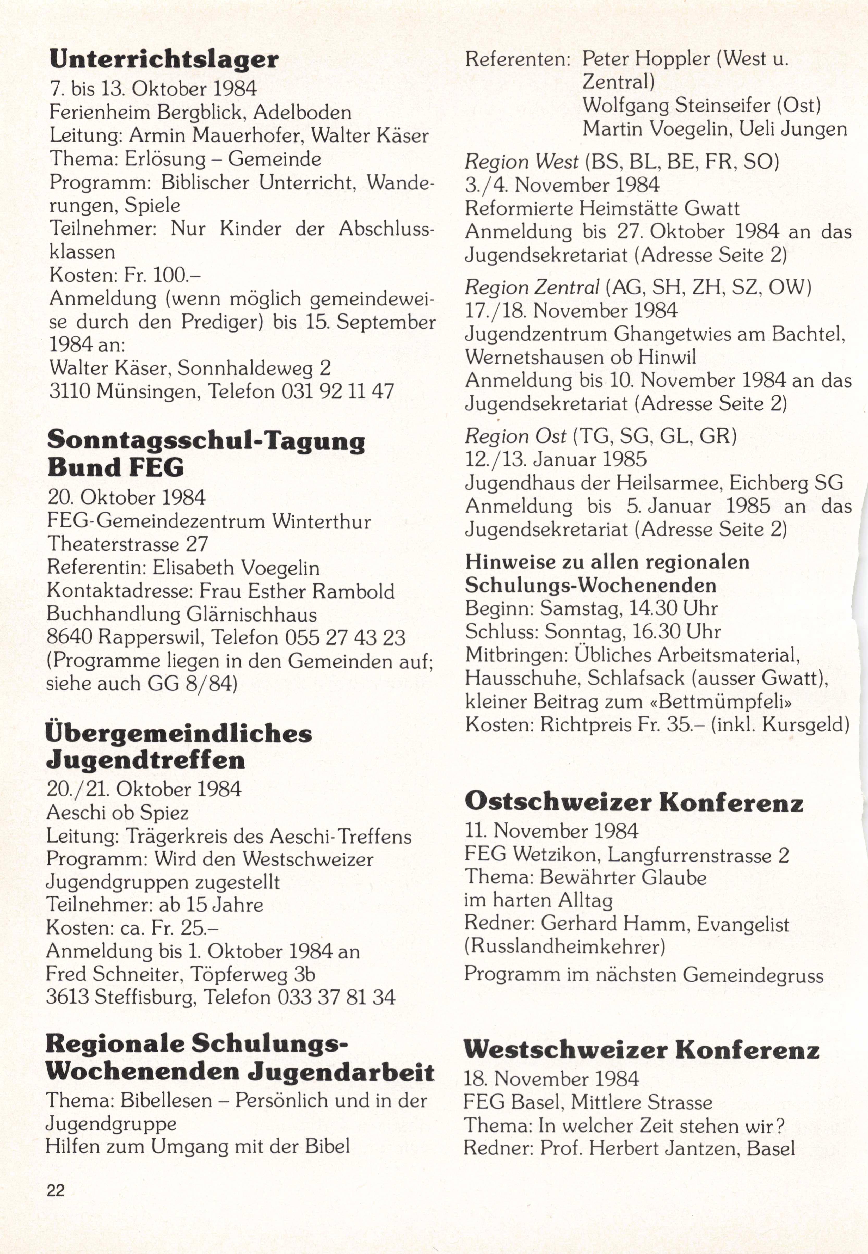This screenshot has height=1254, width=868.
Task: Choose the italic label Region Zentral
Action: click(532, 287)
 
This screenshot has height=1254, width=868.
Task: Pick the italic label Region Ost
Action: click(515, 436)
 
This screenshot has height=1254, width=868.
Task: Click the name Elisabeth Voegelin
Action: click(236, 568)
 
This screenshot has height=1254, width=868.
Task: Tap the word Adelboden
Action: click(302, 113)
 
